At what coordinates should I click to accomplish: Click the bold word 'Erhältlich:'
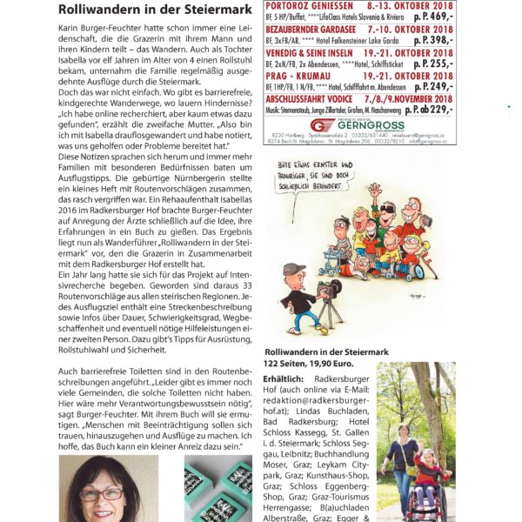(x=285, y=379)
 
